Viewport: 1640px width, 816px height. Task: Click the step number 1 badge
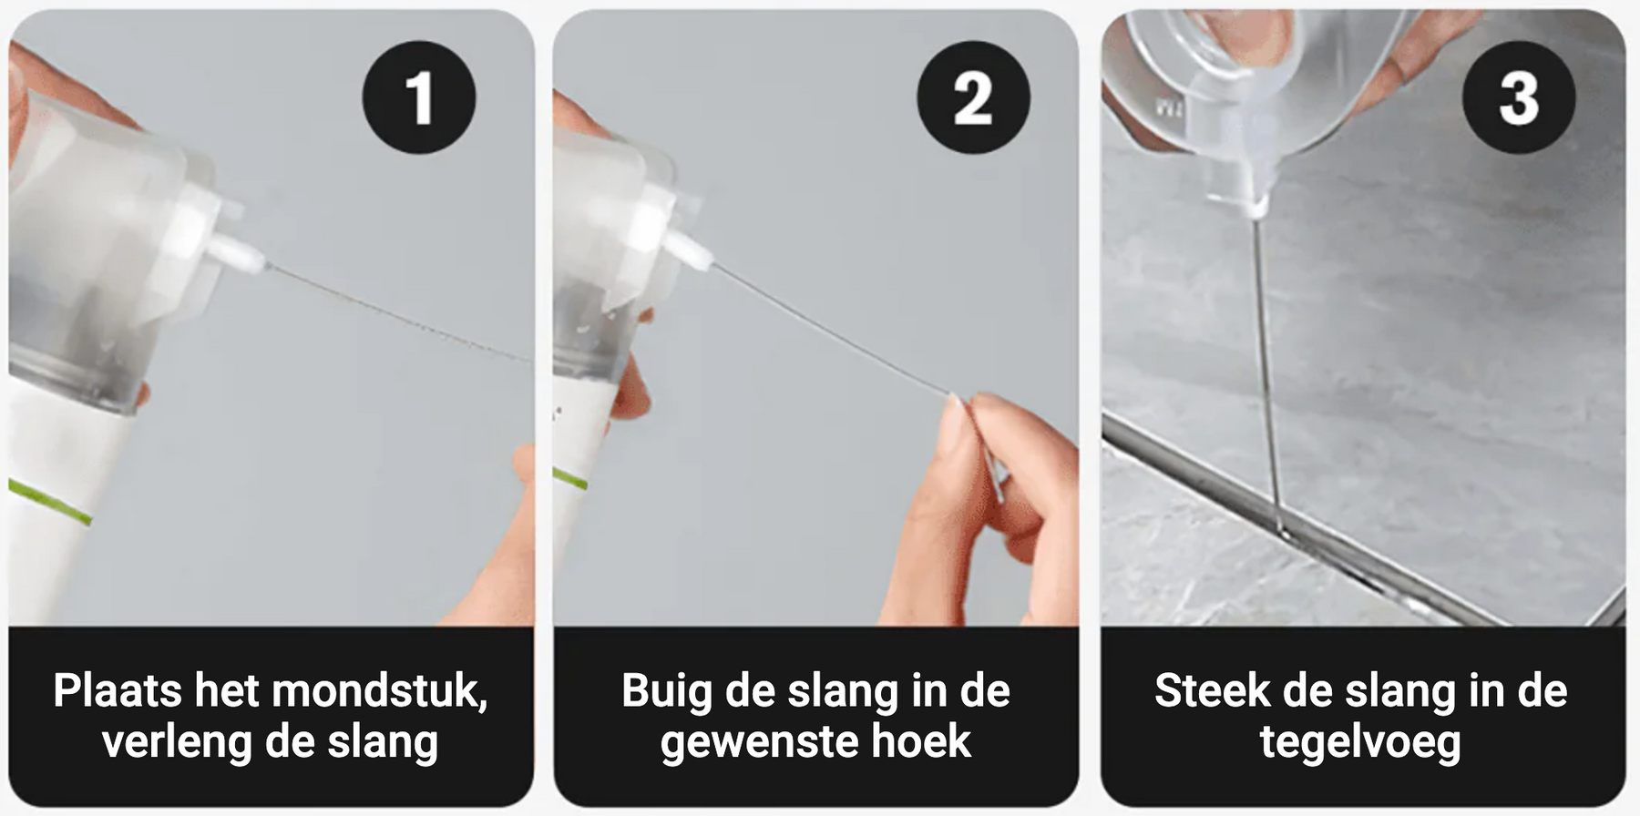click(x=419, y=97)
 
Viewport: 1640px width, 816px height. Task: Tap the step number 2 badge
click(x=973, y=97)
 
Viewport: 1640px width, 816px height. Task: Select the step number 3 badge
click(x=1519, y=97)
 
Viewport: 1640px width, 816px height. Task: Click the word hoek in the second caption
click(x=921, y=741)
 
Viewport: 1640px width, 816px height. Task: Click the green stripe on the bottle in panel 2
click(x=570, y=478)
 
